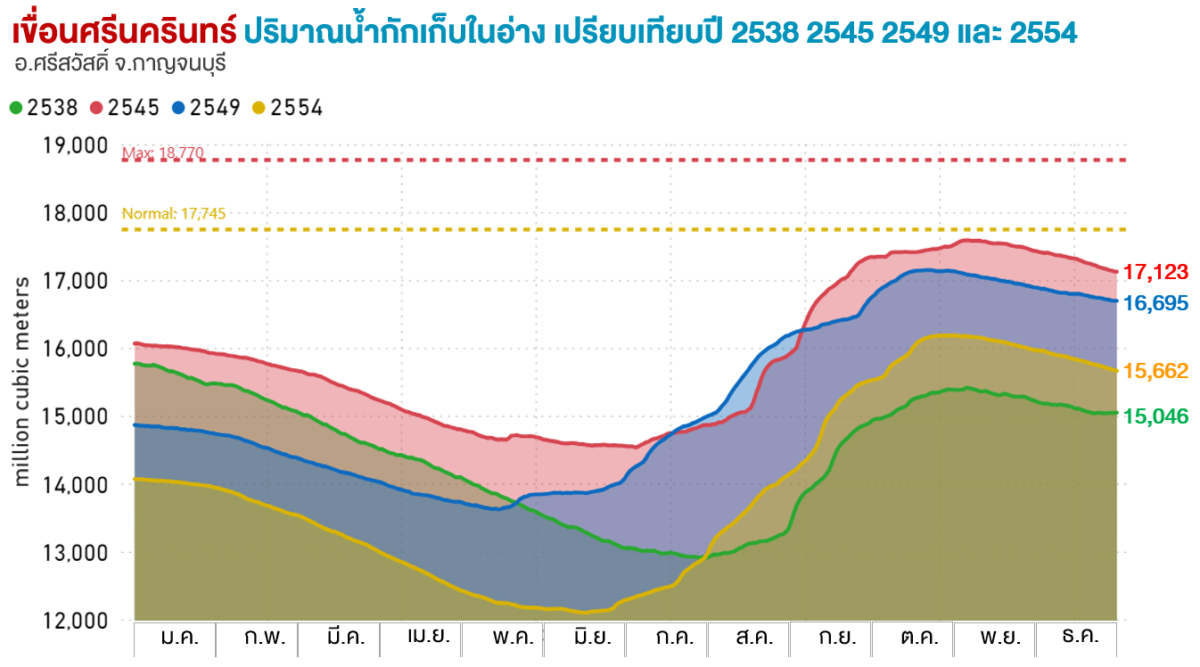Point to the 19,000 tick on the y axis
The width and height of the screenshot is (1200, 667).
[76, 145]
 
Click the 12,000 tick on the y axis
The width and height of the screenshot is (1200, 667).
[76, 620]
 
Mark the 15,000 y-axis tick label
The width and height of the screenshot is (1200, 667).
[76, 416]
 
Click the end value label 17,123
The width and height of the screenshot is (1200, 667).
[1155, 272]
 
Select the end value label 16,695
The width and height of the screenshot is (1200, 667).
[1155, 303]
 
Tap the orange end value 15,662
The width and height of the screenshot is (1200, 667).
[1155, 371]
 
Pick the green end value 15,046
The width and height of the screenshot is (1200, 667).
[1155, 416]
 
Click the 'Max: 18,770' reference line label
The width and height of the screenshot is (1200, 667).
[163, 153]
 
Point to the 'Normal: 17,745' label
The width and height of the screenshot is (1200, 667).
[174, 214]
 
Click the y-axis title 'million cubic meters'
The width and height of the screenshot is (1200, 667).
[22, 382]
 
